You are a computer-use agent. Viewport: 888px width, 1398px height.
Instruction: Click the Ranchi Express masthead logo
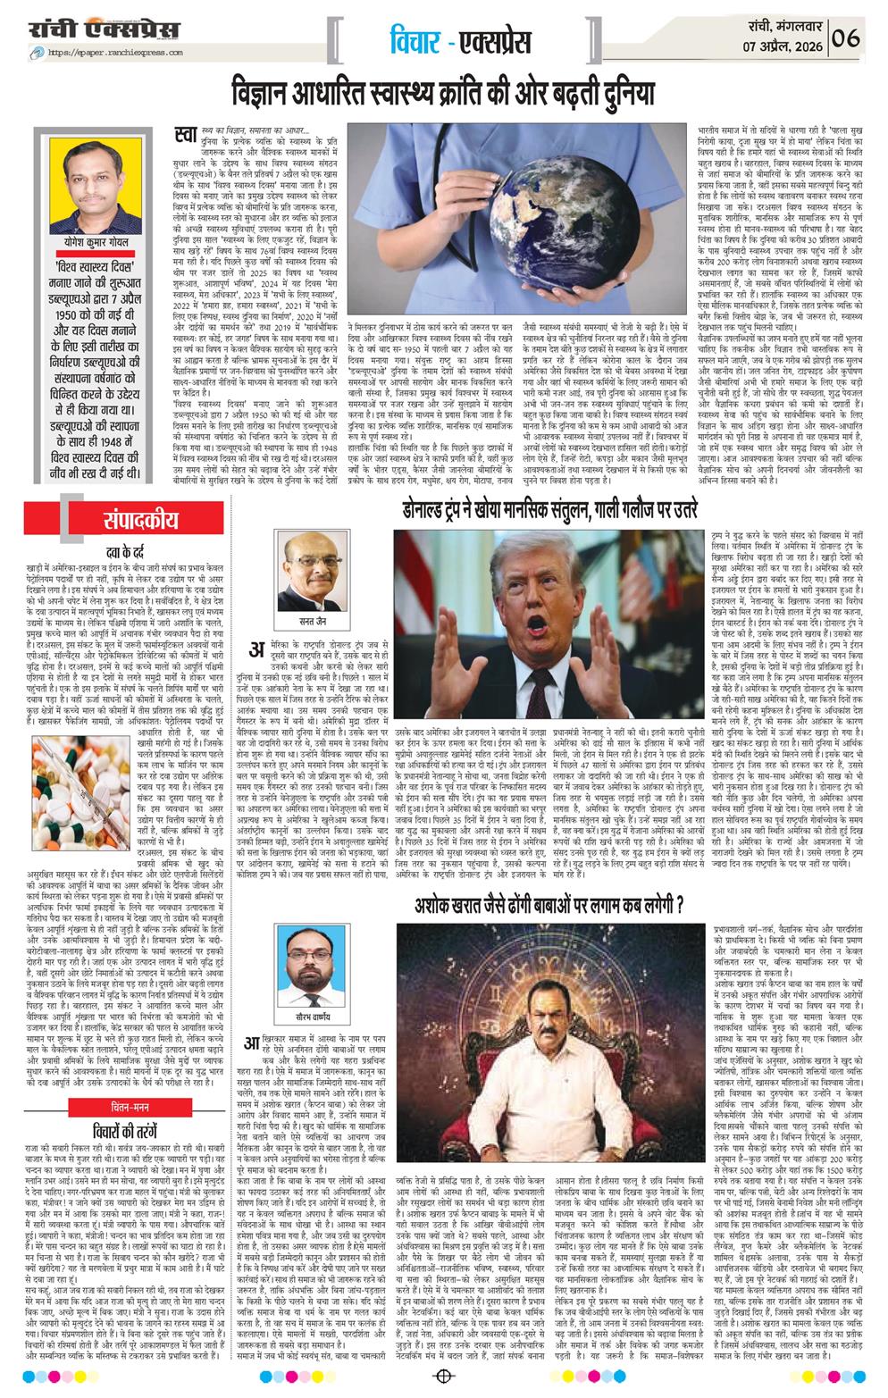103,30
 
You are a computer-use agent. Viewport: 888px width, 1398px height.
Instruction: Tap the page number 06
845,38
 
